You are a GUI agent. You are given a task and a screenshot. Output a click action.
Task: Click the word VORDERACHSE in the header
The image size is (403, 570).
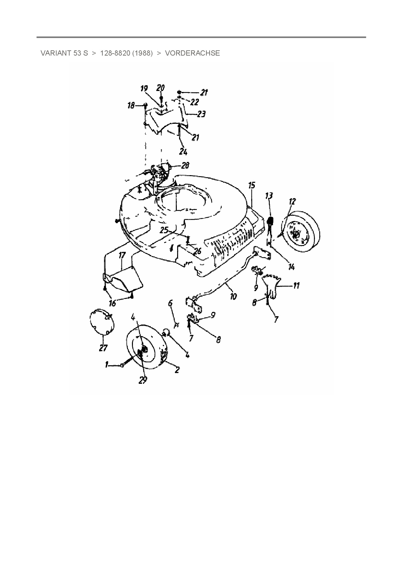coord(192,53)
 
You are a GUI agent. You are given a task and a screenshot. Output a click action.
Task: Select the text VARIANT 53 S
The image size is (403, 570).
coord(64,53)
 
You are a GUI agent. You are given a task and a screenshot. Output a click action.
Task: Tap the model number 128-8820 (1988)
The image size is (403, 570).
coord(126,53)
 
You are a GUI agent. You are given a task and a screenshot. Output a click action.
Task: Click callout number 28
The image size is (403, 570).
coord(185,166)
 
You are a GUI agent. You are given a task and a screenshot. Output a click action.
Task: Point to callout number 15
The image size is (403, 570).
coord(252,186)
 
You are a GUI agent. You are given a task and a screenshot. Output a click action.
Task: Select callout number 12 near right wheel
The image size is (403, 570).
coord(292,201)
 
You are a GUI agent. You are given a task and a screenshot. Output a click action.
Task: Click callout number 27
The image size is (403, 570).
coord(103,348)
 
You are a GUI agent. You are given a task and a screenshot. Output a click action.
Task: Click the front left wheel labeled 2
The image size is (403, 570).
coord(147,349)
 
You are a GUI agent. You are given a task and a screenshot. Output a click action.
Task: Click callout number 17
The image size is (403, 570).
coord(122,255)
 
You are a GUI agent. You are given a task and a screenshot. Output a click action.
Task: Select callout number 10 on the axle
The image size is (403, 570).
coord(233,296)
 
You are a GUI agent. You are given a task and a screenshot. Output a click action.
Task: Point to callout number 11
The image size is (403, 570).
coord(296,286)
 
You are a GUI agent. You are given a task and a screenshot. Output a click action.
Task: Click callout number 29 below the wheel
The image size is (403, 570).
coord(143,380)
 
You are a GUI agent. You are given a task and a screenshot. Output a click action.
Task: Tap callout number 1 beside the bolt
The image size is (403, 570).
coord(106,365)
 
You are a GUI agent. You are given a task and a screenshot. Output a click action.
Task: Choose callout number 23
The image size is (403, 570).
coord(201,114)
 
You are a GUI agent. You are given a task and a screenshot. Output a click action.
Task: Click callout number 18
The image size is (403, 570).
coord(131,106)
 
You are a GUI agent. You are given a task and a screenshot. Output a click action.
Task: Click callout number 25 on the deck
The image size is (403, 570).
coord(164,230)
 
